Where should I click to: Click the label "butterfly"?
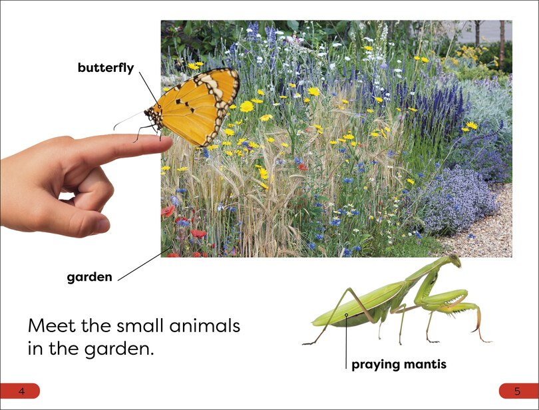(x=106, y=68)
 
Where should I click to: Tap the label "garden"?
(x=89, y=277)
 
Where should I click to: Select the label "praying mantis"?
(x=399, y=364)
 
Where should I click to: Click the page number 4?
(x=21, y=391)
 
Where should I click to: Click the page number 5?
(x=517, y=391)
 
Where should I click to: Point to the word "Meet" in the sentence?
(x=53, y=327)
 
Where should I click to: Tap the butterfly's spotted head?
(x=152, y=115)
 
